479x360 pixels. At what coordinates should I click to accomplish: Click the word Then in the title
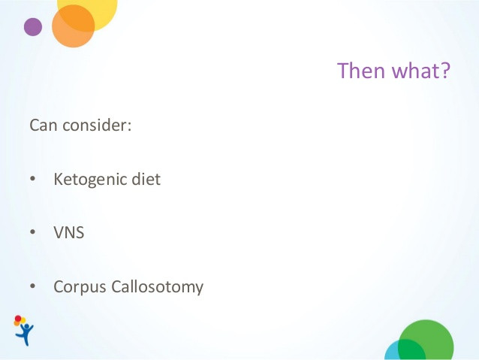361,71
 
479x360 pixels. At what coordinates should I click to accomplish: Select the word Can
44,125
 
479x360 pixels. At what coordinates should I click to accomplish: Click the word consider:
97,125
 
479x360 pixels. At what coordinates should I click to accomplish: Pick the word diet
146,179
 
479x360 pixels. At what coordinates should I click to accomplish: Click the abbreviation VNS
69,232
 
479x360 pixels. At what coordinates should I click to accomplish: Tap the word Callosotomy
158,288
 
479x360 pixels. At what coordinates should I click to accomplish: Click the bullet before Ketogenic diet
33,179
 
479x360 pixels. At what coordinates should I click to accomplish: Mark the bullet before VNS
33,231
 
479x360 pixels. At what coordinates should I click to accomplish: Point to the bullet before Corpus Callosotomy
33,286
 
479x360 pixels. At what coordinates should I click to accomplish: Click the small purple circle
33,27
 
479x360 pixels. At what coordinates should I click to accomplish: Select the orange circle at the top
73,26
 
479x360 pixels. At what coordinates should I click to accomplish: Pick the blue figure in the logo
26,334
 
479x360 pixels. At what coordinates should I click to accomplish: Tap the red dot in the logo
18,319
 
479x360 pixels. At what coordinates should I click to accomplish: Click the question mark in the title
446,71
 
